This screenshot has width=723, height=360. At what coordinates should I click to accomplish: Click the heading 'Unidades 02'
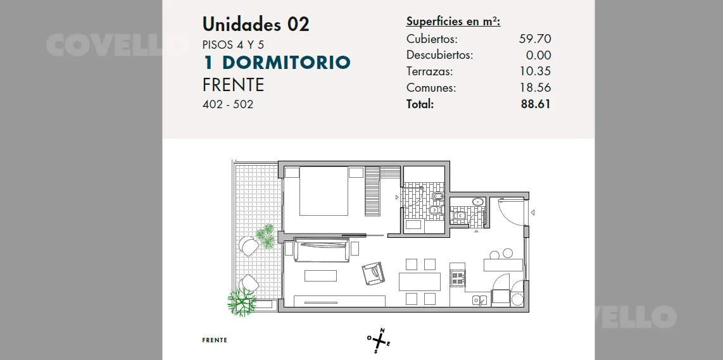256,24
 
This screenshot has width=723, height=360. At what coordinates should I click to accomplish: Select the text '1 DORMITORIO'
277,62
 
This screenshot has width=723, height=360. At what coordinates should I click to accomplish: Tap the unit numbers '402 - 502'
228,104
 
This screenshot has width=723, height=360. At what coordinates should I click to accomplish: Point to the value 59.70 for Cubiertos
535,39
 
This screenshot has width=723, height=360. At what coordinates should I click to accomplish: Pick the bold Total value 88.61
536,104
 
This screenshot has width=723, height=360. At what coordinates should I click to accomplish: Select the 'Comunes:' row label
431,87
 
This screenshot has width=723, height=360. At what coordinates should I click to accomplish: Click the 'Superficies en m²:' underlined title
453,22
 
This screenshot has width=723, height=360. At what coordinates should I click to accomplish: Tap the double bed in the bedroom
324,191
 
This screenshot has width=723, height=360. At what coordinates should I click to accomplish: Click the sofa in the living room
321,250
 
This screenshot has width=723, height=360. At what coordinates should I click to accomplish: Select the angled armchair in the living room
372,274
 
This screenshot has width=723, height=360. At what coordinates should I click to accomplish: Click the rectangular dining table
420,282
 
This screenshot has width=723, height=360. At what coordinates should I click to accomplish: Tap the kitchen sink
479,301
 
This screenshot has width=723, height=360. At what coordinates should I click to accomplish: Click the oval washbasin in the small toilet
478,202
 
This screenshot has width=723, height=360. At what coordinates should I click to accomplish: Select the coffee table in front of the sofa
320,276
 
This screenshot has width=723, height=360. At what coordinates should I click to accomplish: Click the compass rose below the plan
379,340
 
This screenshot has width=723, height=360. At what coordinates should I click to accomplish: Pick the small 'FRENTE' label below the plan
215,340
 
